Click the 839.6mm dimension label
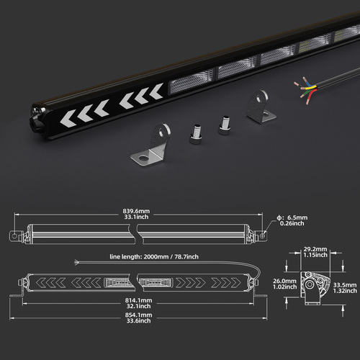136,214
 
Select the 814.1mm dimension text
138,303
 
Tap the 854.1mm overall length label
138,318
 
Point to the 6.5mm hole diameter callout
292,220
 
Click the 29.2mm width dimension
315,252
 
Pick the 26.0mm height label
284,284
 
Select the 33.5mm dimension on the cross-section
345,288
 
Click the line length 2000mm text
154,257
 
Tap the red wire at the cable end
311,96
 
